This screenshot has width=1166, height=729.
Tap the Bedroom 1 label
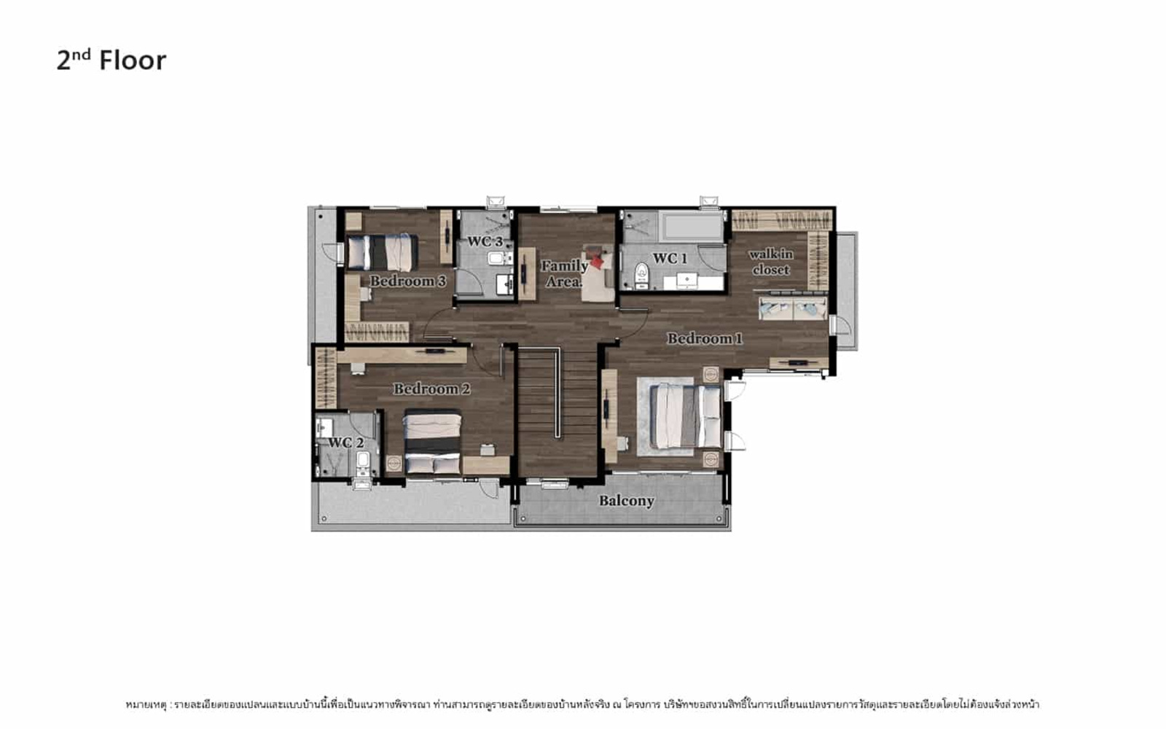coord(705,339)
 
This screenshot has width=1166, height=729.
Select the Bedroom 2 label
coord(431,389)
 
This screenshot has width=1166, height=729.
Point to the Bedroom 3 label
coord(407,281)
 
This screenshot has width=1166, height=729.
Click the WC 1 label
coord(670,258)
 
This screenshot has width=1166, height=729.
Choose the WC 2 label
coord(345,443)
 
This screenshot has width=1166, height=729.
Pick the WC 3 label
coord(485,241)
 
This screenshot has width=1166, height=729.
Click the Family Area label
coord(564,274)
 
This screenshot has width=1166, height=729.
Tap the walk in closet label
coord(771,262)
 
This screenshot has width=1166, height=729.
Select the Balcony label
coord(626,501)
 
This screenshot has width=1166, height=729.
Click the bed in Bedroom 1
coord(686,416)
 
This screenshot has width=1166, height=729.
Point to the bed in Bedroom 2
coord(433,442)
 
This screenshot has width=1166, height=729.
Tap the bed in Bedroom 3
coord(383,252)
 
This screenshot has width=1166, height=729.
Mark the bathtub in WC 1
coord(692,227)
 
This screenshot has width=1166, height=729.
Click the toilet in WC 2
coord(363,462)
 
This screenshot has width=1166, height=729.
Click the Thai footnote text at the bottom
coord(582,704)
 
